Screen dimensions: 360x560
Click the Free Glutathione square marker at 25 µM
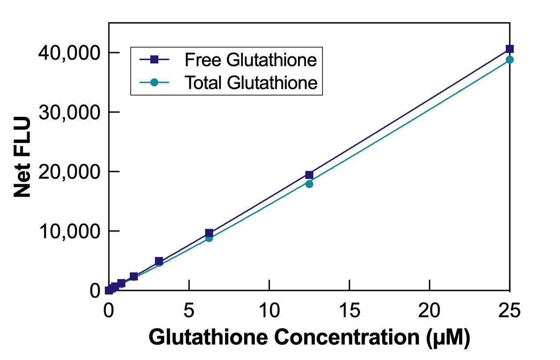click(x=510, y=49)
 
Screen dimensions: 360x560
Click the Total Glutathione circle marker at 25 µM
click(x=510, y=60)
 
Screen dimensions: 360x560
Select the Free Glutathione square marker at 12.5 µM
click(x=309, y=175)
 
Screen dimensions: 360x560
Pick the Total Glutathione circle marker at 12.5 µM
click(x=309, y=184)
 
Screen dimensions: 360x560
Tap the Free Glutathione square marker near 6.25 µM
click(x=209, y=233)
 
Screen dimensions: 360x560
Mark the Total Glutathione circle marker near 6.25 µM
click(x=209, y=238)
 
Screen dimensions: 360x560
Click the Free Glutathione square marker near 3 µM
click(x=159, y=261)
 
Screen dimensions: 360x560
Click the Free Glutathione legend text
click(x=251, y=60)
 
